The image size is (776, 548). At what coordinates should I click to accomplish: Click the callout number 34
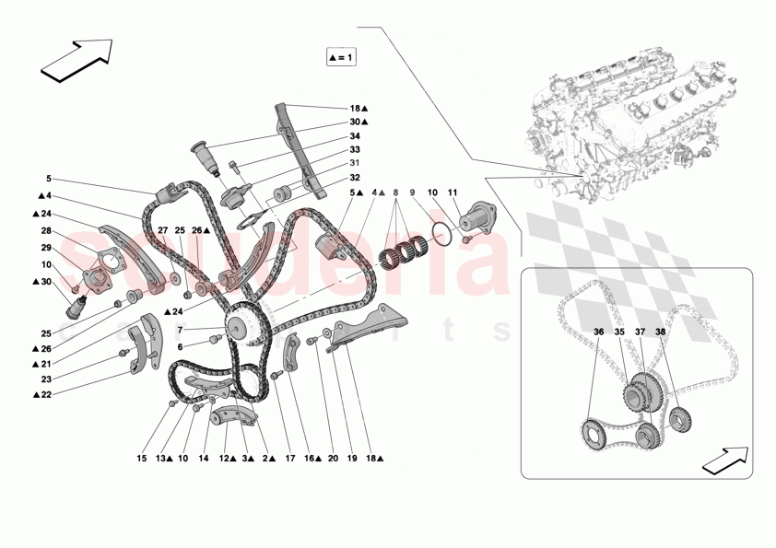pos(354,134)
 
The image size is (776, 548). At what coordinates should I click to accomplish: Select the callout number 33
pos(354,149)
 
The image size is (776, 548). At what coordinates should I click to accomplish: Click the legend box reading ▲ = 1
pos(340,57)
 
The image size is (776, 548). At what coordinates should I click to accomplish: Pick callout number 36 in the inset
pos(598,332)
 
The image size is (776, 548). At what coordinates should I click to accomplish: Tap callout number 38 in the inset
pos(661,332)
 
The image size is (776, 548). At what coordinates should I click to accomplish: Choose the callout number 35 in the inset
pos(619,332)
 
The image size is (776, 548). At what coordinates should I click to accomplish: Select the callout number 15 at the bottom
pos(142,458)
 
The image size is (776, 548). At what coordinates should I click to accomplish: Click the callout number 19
pos(351,458)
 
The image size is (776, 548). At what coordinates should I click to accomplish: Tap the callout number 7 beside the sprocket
pos(181,330)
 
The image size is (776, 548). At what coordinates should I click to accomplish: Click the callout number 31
pos(354,164)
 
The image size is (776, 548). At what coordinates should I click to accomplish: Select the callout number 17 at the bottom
pos(289,458)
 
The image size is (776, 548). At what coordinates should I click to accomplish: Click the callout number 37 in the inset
pos(641,332)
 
